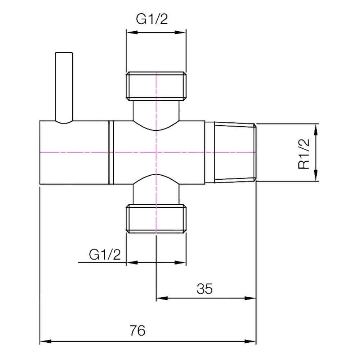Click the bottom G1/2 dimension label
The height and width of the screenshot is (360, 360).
pyautogui.click(x=105, y=255)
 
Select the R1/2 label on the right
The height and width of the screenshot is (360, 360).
pyautogui.click(x=304, y=154)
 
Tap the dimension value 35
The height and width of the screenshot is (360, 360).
pyautogui.click(x=204, y=289)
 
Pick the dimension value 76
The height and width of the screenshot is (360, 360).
pyautogui.click(x=137, y=330)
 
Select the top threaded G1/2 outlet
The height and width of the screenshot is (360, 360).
pyautogui.click(x=156, y=86)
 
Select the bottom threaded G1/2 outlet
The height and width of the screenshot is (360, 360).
pyautogui.click(x=156, y=219)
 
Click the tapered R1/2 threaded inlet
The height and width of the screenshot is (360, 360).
pyautogui.click(x=235, y=152)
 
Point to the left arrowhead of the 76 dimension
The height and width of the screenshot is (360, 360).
pyautogui.click(x=45, y=341)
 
